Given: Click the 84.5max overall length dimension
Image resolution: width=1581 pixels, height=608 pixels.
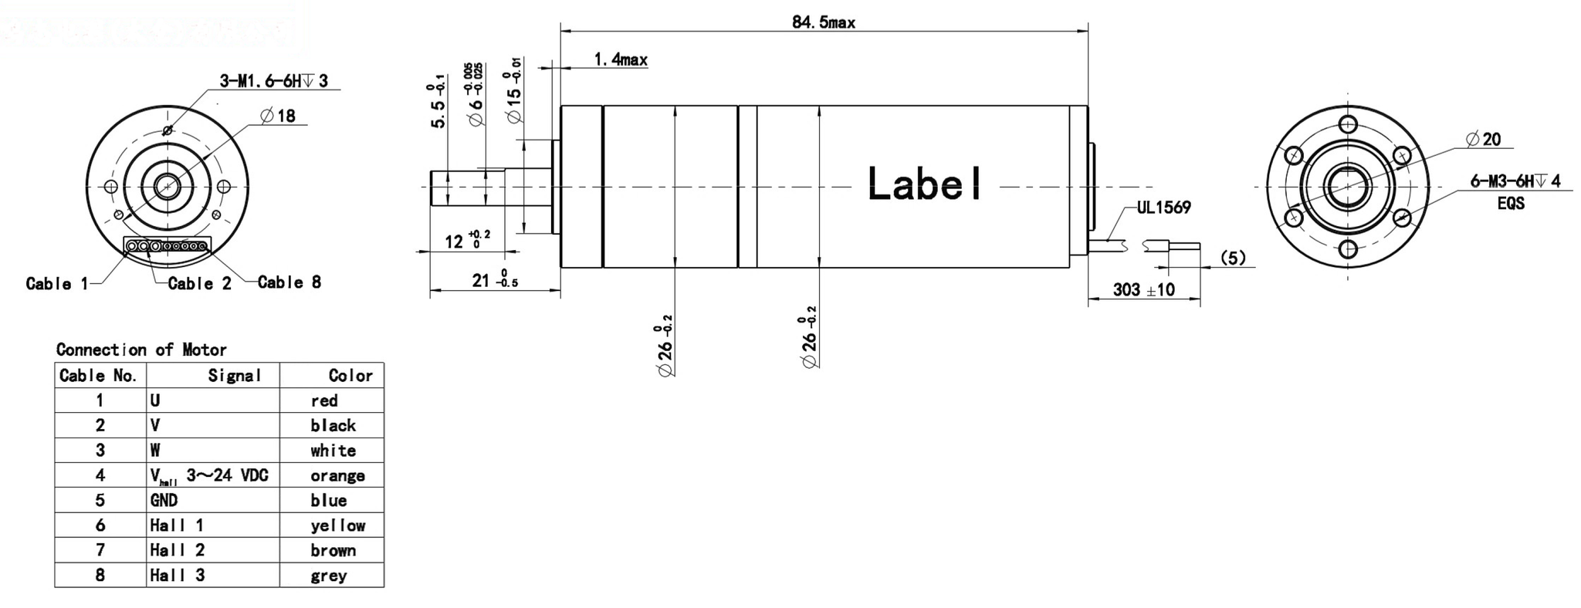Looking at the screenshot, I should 823,22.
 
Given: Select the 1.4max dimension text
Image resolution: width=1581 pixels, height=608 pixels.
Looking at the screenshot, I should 620,59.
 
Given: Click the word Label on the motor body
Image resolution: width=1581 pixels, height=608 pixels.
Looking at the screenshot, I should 925,184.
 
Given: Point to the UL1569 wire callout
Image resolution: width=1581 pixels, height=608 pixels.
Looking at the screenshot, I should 1163,208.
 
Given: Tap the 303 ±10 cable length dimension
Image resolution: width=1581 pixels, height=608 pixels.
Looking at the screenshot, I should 1143,289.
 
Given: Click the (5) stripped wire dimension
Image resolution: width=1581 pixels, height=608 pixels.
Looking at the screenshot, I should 1234,258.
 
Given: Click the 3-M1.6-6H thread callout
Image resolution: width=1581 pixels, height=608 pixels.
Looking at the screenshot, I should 273,81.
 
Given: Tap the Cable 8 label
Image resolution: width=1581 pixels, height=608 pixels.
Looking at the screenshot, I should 289,282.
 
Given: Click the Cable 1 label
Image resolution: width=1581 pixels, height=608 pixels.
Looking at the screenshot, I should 56,284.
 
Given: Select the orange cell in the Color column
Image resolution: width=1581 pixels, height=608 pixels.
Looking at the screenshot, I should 337,475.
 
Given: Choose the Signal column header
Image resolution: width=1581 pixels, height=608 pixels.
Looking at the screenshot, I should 234,376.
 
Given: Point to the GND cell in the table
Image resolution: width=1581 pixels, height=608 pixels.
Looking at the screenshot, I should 164,500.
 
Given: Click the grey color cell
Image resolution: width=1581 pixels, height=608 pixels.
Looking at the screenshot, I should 329,576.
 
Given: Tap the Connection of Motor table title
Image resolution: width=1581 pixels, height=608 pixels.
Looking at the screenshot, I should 141,350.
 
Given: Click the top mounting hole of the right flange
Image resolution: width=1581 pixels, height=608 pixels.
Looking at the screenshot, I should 1348,124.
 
